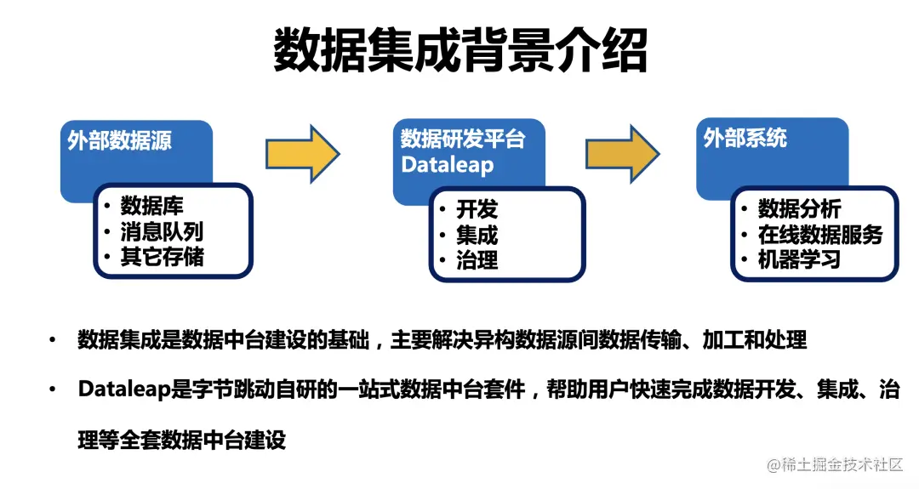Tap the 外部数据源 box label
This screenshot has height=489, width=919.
click(120, 140)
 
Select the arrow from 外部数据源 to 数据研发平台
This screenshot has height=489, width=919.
click(302, 153)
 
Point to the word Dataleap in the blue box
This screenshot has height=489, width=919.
click(447, 164)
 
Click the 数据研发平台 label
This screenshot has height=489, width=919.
click(463, 139)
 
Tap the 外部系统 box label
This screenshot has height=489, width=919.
click(745, 138)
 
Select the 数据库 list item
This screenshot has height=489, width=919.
click(151, 206)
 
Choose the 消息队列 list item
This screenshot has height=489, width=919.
click(162, 231)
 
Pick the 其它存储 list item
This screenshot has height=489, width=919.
click(162, 257)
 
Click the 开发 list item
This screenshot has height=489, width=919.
click(477, 209)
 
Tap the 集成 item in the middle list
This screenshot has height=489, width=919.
click(477, 235)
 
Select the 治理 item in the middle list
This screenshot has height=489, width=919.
click(477, 260)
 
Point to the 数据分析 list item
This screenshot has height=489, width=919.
click(799, 208)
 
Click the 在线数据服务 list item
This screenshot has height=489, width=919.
click(820, 234)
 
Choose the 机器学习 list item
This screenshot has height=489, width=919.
click(799, 259)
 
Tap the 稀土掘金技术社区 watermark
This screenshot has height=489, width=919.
click(842, 464)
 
